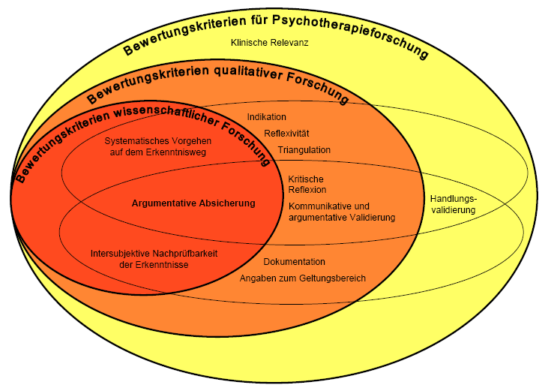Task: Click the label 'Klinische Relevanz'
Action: [270, 43]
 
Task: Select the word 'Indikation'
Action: [267, 117]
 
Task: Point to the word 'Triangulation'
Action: [304, 150]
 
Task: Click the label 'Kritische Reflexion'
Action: [307, 185]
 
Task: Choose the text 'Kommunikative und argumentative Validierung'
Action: [342, 212]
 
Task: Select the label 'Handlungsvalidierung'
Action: [453, 204]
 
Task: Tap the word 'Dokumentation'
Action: [294, 262]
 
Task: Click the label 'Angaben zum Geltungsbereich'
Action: [303, 278]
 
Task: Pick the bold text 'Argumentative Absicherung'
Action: [193, 203]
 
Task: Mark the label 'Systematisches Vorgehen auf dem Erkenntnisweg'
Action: [157, 146]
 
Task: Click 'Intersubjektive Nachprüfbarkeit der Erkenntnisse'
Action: [154, 259]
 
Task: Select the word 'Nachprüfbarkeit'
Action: [184, 253]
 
